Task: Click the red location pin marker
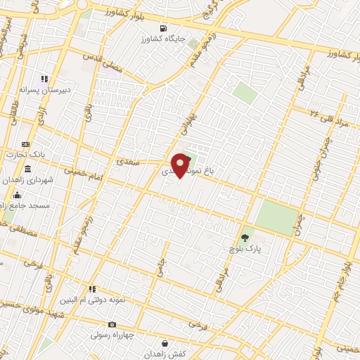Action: (x=181, y=165)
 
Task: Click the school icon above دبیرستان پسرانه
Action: (x=44, y=79)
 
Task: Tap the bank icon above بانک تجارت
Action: (x=26, y=144)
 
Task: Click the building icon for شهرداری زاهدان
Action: (x=27, y=169)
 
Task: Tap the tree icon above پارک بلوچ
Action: (x=245, y=238)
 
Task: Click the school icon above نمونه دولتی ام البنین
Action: (x=91, y=289)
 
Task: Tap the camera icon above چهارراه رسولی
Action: (x=112, y=324)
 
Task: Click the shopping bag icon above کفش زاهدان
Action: (x=165, y=343)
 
